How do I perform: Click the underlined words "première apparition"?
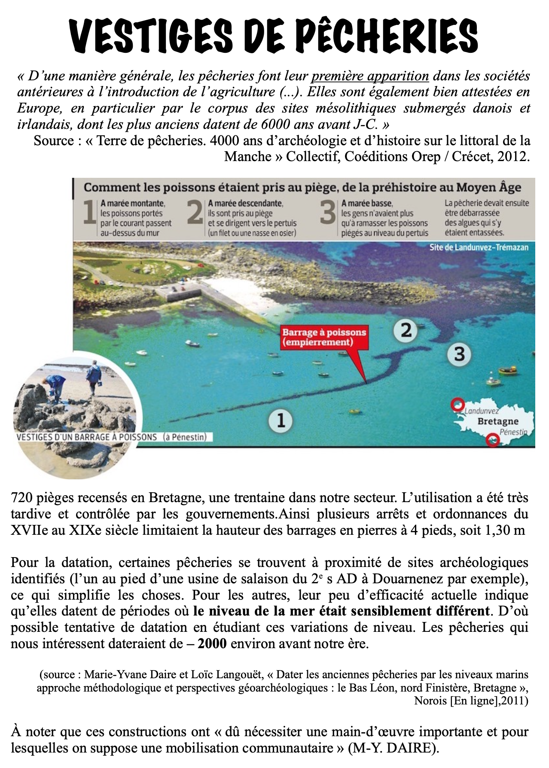pos(370,76)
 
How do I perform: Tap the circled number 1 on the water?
pos(281,420)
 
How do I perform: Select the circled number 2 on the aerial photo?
pos(406,330)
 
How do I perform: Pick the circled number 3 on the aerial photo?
pos(459,354)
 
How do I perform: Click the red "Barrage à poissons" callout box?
pos(324,337)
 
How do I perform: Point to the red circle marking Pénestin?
pos(493,440)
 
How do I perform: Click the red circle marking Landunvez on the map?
pos(458,405)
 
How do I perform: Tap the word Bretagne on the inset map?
pos(498,421)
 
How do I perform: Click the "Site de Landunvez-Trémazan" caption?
pos(479,247)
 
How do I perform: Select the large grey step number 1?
pos(89,213)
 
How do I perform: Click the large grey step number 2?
pos(195,213)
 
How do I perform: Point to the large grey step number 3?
pos(328,213)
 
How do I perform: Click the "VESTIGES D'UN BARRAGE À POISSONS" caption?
pos(87,437)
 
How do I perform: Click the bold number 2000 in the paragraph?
pos(212,644)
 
